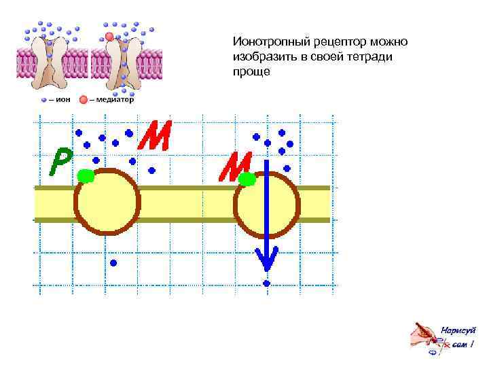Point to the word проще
pyautogui.click(x=251, y=72)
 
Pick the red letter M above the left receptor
pyautogui.click(x=154, y=135)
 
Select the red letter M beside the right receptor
pyautogui.click(x=235, y=166)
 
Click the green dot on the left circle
pyautogui.click(x=86, y=176)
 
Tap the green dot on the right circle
pyautogui.click(x=247, y=179)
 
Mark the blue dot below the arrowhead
pyautogui.click(x=267, y=283)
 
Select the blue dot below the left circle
pyautogui.click(x=114, y=262)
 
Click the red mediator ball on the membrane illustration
pyautogui.click(x=109, y=36)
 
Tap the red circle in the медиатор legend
pyautogui.click(x=83, y=99)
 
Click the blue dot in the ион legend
pyautogui.click(x=44, y=99)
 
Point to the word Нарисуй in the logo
pyautogui.click(x=458, y=330)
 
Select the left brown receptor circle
pyautogui.click(x=107, y=202)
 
